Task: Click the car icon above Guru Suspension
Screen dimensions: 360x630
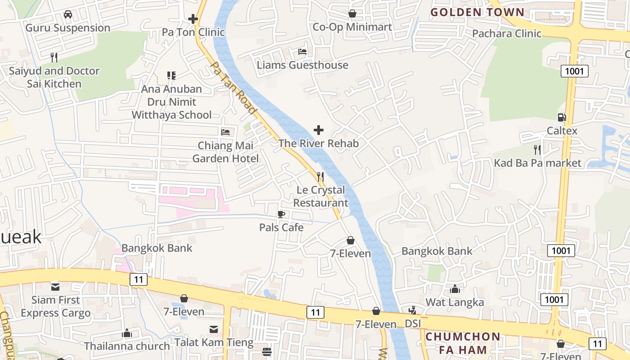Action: (68, 14)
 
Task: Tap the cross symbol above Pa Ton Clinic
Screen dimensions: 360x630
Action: (193, 19)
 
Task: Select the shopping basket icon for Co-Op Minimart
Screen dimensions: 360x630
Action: (352, 13)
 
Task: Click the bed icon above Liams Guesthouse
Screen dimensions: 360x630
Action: (302, 52)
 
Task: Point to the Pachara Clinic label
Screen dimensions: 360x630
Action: (506, 33)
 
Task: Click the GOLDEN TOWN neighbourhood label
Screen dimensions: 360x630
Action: (477, 12)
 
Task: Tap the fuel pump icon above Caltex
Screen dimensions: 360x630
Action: (562, 117)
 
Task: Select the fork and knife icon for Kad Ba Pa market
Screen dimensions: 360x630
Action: (537, 149)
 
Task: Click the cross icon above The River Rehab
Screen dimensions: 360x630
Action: (319, 130)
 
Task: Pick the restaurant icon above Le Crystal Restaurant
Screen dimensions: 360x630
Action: (320, 176)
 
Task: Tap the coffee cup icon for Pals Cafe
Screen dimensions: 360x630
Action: (281, 214)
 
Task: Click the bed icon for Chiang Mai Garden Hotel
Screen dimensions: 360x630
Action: (225, 132)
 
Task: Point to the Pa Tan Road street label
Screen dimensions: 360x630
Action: (234, 88)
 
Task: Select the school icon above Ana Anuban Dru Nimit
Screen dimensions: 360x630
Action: (171, 75)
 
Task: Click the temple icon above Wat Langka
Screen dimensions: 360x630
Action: (455, 289)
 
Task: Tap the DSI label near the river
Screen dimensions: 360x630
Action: (413, 324)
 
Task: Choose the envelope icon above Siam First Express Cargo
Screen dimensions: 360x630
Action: (55, 287)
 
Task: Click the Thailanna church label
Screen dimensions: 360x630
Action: (127, 346)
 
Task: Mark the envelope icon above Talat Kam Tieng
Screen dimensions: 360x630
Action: (214, 329)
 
